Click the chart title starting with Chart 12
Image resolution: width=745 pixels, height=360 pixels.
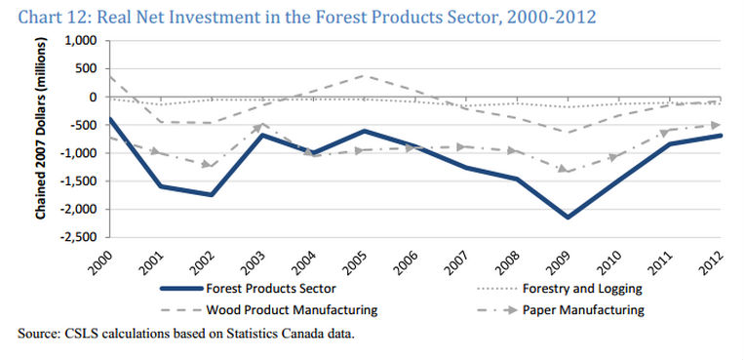(307, 18)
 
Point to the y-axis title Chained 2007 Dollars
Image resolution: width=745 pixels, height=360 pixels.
(41, 129)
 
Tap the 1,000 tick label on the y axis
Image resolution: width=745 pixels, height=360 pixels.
(83, 41)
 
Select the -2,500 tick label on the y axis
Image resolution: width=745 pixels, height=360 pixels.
(80, 237)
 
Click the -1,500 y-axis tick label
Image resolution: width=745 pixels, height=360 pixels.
(80, 181)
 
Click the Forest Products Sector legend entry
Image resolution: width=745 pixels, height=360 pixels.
(249, 289)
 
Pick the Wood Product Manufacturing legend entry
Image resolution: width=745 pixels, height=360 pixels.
(269, 310)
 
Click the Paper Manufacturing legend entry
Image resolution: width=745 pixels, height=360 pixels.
(561, 310)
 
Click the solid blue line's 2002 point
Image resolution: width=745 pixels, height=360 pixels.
(212, 195)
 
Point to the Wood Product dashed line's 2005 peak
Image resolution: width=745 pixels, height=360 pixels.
(365, 75)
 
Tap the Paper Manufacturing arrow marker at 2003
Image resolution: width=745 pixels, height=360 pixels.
(261, 126)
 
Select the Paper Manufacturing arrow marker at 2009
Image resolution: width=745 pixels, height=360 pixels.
(567, 170)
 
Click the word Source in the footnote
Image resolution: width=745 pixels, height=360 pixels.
(36, 334)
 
